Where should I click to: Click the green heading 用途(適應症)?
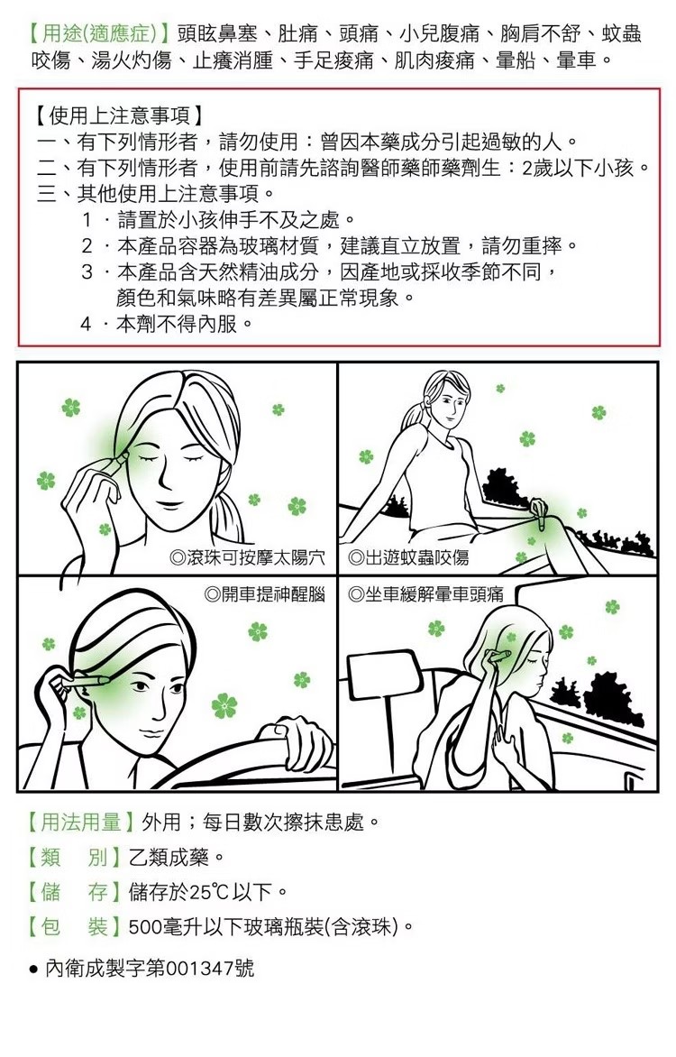point(100,33)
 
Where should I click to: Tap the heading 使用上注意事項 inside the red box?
point(119,116)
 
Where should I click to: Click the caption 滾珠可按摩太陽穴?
point(255,557)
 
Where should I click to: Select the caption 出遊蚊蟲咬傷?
point(417,557)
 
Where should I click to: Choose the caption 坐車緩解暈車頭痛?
point(434,594)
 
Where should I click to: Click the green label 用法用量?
point(81,822)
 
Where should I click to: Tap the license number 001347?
point(199,968)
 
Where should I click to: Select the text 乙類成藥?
point(169,858)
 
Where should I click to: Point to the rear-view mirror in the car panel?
point(383,676)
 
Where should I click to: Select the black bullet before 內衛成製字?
point(33,970)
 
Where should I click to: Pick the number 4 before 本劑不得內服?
point(86,325)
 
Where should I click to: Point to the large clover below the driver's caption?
point(224,706)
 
